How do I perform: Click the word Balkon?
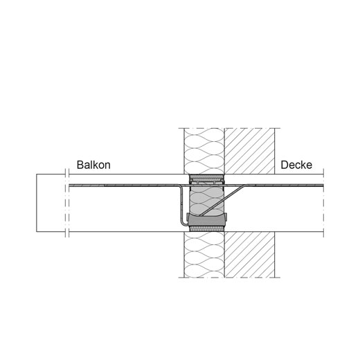[x=93, y=165]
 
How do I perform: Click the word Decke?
[x=296, y=165]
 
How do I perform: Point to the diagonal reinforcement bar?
[x=223, y=200]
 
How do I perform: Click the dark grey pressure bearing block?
[x=206, y=220]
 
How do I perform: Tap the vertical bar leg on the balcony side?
[x=181, y=203]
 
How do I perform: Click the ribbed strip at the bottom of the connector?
[x=206, y=228]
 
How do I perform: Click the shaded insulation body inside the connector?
[x=206, y=199]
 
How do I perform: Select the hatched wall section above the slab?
[x=250, y=151]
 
